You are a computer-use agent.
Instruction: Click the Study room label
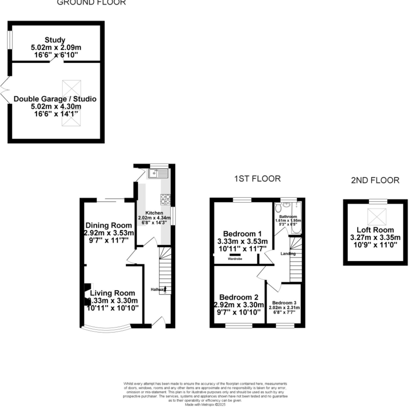point(55,40)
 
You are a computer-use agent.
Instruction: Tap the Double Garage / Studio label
point(55,99)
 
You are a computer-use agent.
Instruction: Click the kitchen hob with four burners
point(166,199)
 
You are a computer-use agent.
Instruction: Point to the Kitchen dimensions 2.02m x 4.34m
point(154,218)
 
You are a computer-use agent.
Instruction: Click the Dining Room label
point(109,225)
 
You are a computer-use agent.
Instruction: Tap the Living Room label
point(112,293)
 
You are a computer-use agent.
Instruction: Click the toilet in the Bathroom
point(278,208)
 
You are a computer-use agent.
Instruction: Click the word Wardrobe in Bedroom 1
point(235,259)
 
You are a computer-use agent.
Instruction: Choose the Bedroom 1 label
point(242,234)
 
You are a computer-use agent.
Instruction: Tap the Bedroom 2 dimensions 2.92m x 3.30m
point(239,305)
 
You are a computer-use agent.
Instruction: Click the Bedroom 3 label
point(284,303)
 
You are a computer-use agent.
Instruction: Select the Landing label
point(288,254)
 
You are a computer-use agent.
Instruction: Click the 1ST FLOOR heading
point(257,179)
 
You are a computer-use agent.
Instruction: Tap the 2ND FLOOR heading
point(375,180)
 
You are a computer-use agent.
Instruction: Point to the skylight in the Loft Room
point(377,217)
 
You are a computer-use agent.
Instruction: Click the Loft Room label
point(375,230)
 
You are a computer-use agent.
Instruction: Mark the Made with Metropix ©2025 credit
point(205,405)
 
